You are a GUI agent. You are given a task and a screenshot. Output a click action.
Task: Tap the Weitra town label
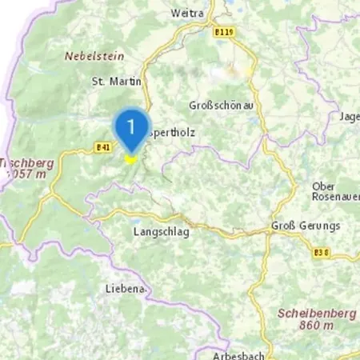pos(188,14)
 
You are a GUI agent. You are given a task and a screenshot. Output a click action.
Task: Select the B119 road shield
pos(225,33)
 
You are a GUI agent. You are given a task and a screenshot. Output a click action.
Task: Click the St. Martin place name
pos(117,81)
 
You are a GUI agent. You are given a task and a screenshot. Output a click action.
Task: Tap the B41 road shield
pos(102,147)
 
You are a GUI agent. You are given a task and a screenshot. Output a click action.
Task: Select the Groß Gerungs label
pos(305,226)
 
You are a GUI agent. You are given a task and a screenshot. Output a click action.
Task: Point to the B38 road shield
pos(322,253)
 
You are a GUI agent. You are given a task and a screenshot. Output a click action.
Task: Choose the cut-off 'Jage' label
pos(350,117)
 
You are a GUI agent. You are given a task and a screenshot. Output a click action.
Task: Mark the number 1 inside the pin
pos(130,126)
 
